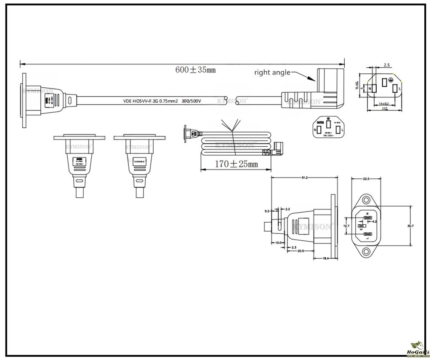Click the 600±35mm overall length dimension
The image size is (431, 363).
[x=195, y=70]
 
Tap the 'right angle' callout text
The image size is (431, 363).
[x=272, y=73]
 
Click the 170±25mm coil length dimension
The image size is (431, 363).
[x=236, y=164]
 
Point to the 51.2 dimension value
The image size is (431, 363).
[x=304, y=178]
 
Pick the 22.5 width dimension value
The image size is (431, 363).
[x=366, y=179]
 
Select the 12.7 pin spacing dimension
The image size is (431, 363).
[x=346, y=226]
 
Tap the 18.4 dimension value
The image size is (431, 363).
[x=325, y=258]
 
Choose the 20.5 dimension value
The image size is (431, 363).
[x=301, y=251]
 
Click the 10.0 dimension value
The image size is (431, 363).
[x=278, y=242]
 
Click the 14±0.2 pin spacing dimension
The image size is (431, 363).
[x=383, y=103]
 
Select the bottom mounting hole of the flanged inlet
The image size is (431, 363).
[x=366, y=253]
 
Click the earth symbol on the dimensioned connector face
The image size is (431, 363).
[x=390, y=79]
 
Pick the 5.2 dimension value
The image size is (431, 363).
[x=267, y=211]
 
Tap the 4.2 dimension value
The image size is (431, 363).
[x=375, y=221]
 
